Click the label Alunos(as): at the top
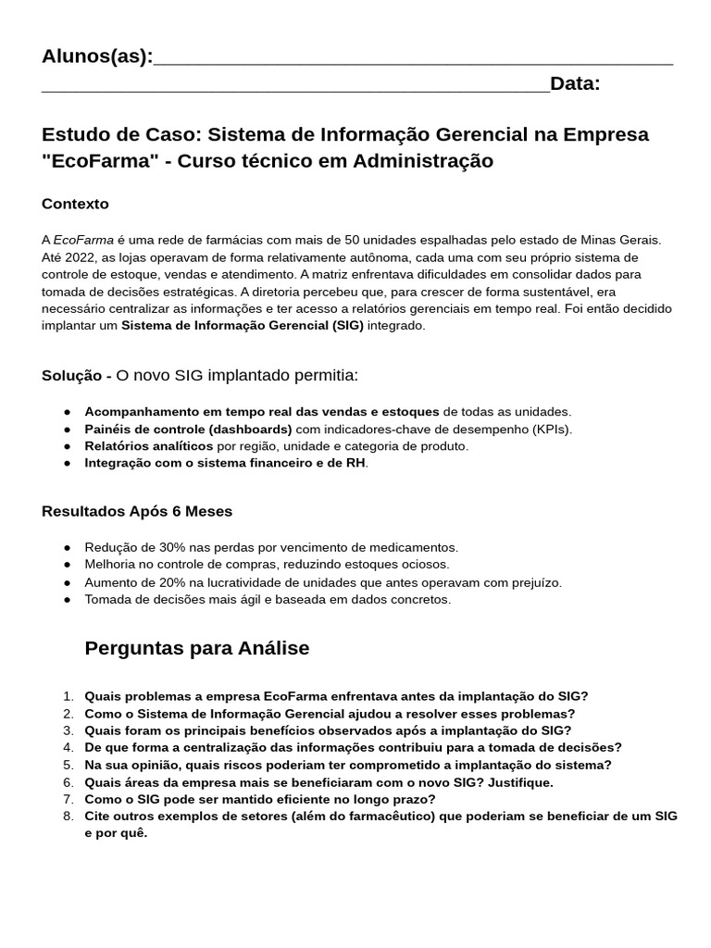pyautogui.click(x=97, y=56)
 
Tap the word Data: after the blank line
pyautogui.click(x=575, y=84)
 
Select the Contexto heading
pyautogui.click(x=75, y=204)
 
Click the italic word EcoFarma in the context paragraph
pyautogui.click(x=83, y=240)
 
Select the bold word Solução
pyautogui.click(x=73, y=376)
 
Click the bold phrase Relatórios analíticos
pyautogui.click(x=149, y=446)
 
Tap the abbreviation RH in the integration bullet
pyautogui.click(x=355, y=463)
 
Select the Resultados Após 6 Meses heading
pyautogui.click(x=137, y=511)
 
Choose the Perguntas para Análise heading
pyautogui.click(x=196, y=648)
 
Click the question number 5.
pyautogui.click(x=68, y=765)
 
